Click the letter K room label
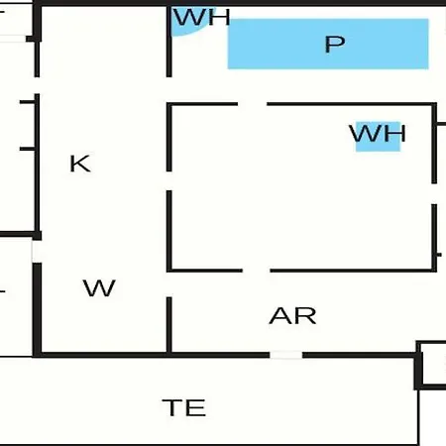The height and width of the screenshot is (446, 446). pyautogui.click(x=80, y=164)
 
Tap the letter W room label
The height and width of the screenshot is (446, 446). pyautogui.click(x=99, y=287)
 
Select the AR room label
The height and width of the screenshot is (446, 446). pyautogui.click(x=292, y=315)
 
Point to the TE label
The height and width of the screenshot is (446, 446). pyautogui.click(x=184, y=407)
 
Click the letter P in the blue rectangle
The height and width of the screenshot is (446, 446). pyautogui.click(x=335, y=44)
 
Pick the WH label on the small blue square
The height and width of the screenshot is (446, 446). pyautogui.click(x=378, y=133)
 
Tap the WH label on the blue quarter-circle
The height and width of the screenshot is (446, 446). pyautogui.click(x=202, y=17)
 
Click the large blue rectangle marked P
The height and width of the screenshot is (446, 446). pyautogui.click(x=328, y=44)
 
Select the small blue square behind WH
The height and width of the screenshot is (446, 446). pyautogui.click(x=378, y=137)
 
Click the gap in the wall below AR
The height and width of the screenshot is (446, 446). pyautogui.click(x=285, y=355)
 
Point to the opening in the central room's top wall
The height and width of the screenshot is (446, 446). pyautogui.click(x=253, y=104)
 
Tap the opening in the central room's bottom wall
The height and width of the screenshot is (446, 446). pyautogui.click(x=257, y=271)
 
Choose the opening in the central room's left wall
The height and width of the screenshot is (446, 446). pyautogui.click(x=169, y=181)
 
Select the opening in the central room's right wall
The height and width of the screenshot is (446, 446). pyautogui.click(x=434, y=194)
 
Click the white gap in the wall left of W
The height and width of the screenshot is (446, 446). pyautogui.click(x=37, y=252)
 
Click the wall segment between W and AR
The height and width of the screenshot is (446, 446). pyautogui.click(x=169, y=325)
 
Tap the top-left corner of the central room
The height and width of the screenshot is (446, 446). pyautogui.click(x=169, y=104)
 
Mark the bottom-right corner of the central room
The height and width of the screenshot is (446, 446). pyautogui.click(x=434, y=271)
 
